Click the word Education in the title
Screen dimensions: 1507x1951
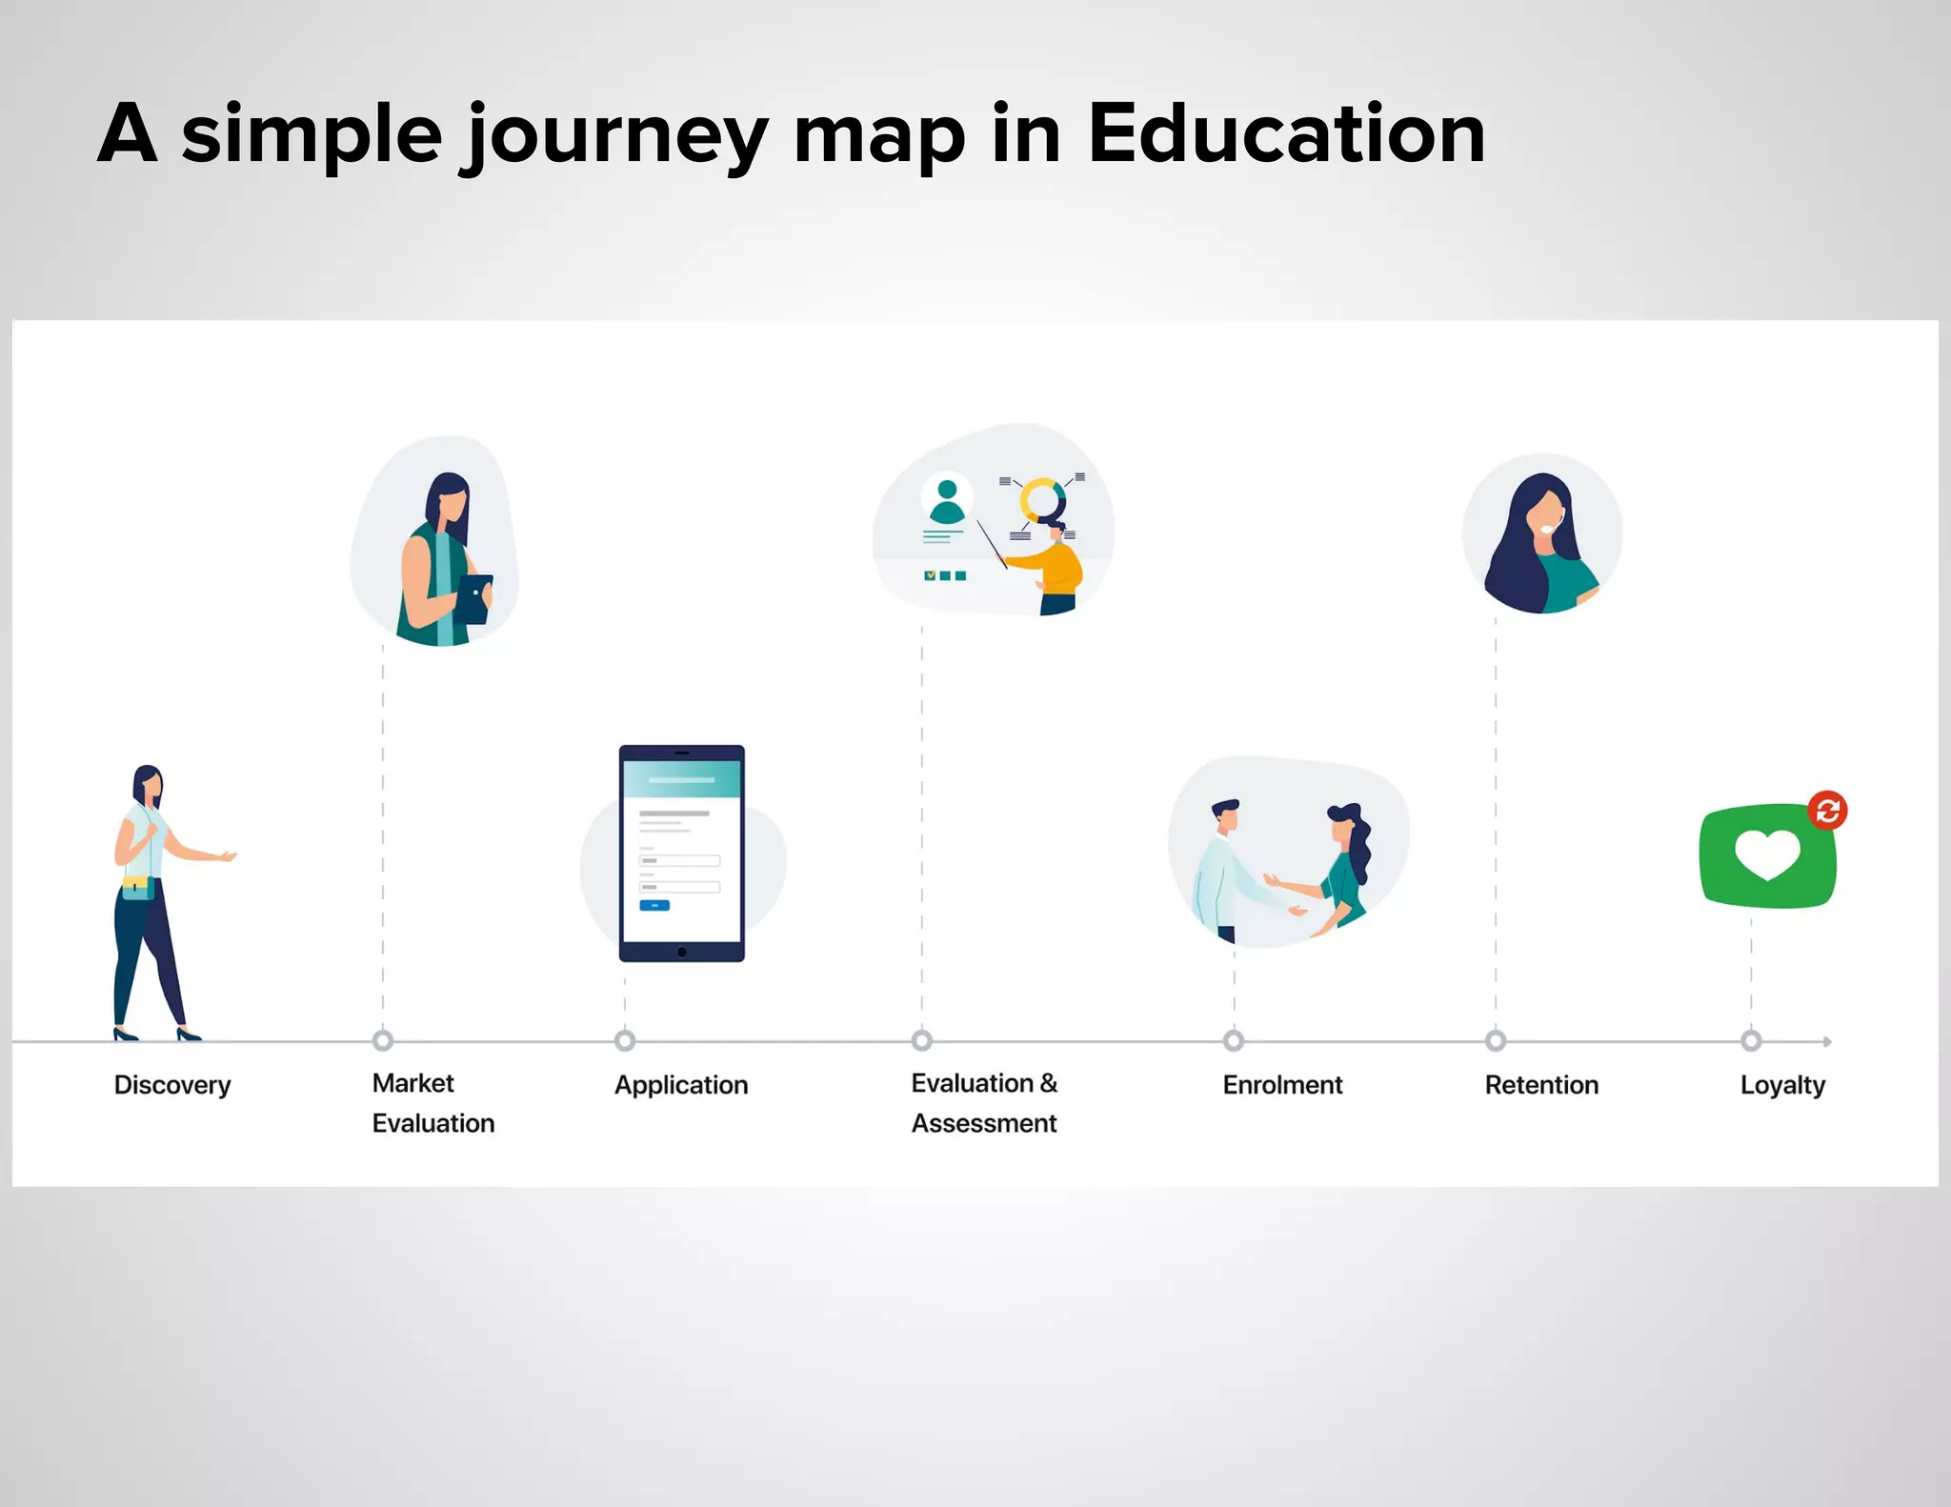coord(1286,134)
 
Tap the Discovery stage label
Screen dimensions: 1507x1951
coord(172,1085)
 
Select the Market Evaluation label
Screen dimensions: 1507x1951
coord(432,1103)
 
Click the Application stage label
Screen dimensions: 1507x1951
coord(681,1085)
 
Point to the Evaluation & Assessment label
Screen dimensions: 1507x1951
coord(984,1103)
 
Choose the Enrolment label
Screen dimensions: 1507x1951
coord(1282,1085)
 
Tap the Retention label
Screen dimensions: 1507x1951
coord(1541,1085)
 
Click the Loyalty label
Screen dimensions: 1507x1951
coord(1782,1085)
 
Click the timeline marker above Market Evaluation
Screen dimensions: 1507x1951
coord(383,1040)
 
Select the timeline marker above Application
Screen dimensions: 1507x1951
coord(625,1040)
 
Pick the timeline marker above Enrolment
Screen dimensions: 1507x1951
coord(1234,1040)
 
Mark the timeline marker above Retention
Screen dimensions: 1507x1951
coord(1496,1040)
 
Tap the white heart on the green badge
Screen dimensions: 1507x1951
coord(1767,854)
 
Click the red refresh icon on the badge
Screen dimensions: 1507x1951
coord(1827,811)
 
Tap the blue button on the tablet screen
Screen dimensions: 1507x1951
coord(654,905)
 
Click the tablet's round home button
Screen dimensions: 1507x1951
coord(682,952)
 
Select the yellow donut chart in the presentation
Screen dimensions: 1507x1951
coord(1041,498)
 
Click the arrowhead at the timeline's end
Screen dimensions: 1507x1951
coord(1826,1041)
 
